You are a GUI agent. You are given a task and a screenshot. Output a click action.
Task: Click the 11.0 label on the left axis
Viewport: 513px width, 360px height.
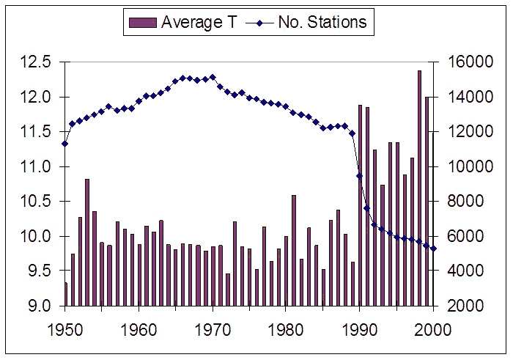[x=34, y=166]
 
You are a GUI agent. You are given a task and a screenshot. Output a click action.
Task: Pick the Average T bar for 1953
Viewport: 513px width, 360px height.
[x=87, y=242]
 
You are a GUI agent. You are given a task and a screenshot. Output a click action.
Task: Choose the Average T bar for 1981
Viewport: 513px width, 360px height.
[x=294, y=250]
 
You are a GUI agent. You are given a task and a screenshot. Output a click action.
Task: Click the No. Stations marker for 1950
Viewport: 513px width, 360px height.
[x=64, y=144]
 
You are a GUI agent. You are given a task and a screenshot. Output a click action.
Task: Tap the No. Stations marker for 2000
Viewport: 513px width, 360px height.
[x=434, y=249]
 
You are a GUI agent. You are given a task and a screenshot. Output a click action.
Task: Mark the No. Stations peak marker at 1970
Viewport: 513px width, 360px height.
[x=213, y=76]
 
